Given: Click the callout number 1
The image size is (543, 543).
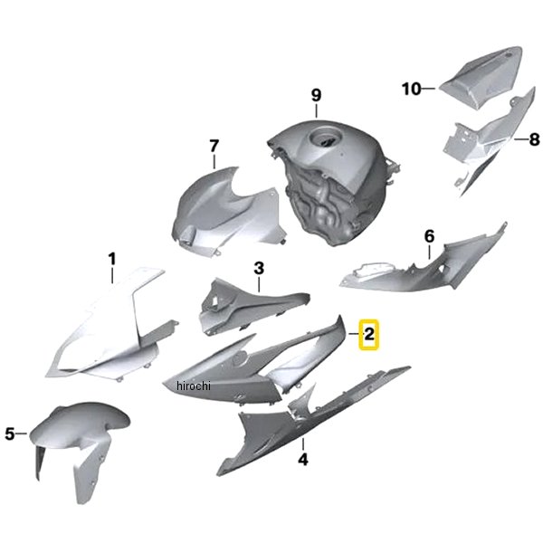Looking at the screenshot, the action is (112, 259).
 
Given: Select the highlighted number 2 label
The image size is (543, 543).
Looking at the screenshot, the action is (369, 335).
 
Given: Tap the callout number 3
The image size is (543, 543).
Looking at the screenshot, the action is (259, 268).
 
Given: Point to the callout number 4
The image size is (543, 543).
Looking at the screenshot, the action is (303, 459).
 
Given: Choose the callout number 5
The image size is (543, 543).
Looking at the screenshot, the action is (10, 433).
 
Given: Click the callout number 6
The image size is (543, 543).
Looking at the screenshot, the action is (429, 236).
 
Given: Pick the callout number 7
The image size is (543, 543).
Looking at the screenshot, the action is (214, 146).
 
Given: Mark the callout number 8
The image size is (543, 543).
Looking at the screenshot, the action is (534, 139).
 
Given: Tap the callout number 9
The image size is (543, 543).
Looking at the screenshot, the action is (316, 95).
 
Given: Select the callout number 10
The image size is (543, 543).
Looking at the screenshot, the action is (412, 89).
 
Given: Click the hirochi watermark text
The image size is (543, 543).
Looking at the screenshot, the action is (194, 386).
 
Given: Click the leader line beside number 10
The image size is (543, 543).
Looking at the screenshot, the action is (429, 89).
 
